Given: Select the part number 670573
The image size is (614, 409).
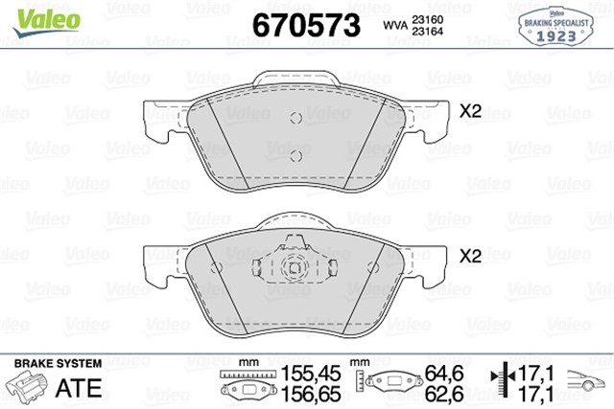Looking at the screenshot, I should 304,25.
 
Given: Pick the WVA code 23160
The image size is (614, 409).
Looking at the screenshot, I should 422,19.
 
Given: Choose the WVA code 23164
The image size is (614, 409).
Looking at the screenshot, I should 422,32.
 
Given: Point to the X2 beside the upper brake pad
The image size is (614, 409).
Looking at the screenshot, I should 469,111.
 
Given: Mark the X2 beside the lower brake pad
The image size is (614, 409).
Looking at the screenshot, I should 469,256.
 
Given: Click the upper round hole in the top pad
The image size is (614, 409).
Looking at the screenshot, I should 297,118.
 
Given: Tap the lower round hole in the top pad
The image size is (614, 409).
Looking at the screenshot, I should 297,155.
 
